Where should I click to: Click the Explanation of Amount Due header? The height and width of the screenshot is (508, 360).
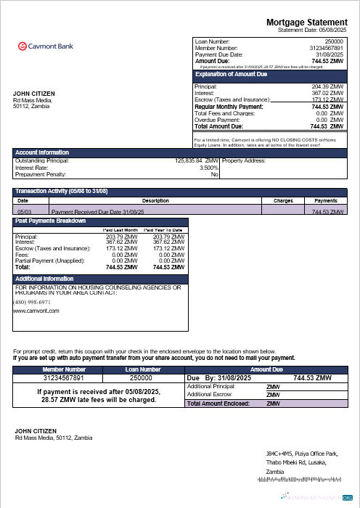(232, 75)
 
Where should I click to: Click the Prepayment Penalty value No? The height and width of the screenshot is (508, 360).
(215, 174)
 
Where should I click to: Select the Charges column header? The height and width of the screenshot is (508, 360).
(283, 200)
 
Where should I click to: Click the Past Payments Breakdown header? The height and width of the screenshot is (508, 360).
(51, 221)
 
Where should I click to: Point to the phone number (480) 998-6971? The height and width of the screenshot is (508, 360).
(32, 301)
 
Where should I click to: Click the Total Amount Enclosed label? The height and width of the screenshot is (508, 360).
(218, 403)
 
